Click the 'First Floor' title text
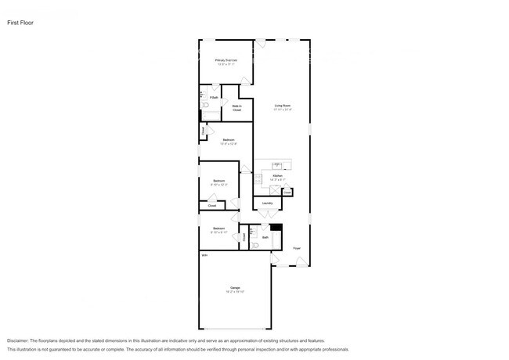(x=20, y=23)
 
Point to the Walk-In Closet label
(x=236, y=108)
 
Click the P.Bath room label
(x=213, y=97)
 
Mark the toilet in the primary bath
(x=204, y=104)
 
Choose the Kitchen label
(x=277, y=177)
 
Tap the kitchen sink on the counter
(x=277, y=164)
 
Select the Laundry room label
(x=267, y=203)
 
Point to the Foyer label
(x=297, y=248)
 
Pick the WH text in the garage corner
(x=204, y=255)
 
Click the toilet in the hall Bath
(x=256, y=245)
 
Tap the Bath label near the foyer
(x=265, y=237)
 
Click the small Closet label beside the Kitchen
(x=287, y=190)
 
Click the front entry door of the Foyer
(x=301, y=264)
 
